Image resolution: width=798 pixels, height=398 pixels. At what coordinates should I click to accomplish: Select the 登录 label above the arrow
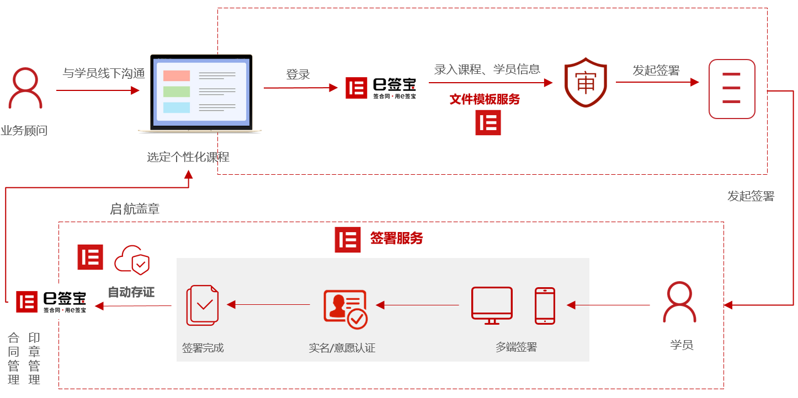click(x=298, y=74)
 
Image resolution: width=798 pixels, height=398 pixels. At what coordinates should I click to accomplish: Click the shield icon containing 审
click(x=586, y=82)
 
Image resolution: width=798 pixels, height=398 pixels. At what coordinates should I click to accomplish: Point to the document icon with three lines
click(x=732, y=89)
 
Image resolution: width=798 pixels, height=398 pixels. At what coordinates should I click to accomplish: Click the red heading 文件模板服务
click(x=485, y=99)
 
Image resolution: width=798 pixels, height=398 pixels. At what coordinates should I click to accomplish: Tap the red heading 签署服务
click(x=396, y=238)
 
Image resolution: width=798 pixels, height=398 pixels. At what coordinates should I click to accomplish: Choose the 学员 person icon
click(x=679, y=302)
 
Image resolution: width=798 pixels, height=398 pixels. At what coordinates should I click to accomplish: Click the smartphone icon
click(x=545, y=306)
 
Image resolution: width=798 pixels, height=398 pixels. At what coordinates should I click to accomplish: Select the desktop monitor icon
click(x=492, y=305)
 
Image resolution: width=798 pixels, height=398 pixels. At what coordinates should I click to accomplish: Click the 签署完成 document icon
click(x=203, y=305)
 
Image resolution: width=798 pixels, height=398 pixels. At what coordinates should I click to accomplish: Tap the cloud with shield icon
click(x=132, y=260)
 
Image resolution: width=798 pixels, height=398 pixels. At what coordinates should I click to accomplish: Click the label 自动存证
click(x=131, y=292)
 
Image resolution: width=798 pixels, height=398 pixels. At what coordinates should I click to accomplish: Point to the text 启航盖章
click(x=135, y=209)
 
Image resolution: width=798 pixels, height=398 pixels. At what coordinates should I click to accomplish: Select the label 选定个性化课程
click(x=188, y=157)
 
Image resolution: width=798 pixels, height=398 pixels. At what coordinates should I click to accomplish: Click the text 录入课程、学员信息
click(x=487, y=69)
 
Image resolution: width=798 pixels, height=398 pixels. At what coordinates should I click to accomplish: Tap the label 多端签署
click(x=516, y=347)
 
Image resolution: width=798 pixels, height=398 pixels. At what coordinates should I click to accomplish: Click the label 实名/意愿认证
click(x=342, y=348)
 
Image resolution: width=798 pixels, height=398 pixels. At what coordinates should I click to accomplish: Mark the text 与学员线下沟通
click(x=104, y=73)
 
